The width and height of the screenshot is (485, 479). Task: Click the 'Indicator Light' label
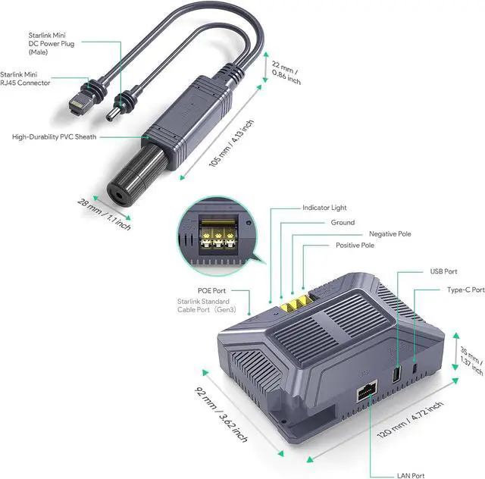325,207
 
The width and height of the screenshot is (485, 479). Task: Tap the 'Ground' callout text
343,223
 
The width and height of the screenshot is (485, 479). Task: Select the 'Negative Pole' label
390,234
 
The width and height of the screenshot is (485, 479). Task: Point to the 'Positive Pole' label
355,246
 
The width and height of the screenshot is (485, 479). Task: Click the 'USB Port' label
444,271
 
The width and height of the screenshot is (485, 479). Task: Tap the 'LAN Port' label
411,476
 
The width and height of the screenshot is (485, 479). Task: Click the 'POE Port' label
232,290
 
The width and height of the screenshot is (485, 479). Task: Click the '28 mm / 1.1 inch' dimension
103,214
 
